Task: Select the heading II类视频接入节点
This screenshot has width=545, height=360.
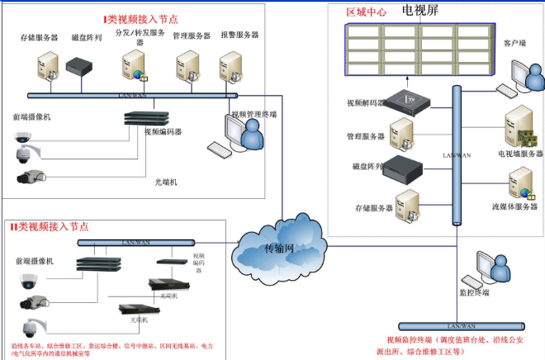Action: (49, 225)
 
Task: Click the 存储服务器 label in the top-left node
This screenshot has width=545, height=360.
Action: (38, 37)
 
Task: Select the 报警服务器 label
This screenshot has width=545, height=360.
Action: (239, 36)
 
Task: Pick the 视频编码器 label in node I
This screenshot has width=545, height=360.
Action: (163, 131)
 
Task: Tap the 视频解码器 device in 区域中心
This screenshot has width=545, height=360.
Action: (410, 101)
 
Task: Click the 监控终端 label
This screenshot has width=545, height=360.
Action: (474, 292)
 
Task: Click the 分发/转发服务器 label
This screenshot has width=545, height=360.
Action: (134, 36)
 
